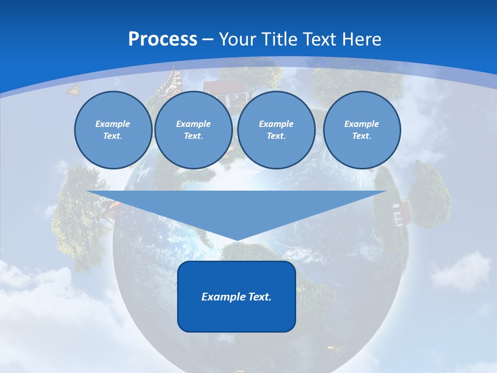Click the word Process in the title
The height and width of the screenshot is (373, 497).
point(163,39)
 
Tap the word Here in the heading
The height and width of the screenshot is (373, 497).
point(361,39)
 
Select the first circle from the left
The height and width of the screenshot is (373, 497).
point(113,130)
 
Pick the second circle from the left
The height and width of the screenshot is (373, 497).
point(193,130)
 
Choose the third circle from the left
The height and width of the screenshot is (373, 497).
point(276,130)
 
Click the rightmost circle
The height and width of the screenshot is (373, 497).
point(361,130)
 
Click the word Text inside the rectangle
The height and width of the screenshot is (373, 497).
point(259,297)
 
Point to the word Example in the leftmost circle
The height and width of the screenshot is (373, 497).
point(113,124)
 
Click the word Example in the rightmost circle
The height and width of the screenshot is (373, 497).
point(361,124)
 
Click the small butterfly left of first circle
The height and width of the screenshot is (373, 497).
point(73,90)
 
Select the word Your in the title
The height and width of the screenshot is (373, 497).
point(238,39)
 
